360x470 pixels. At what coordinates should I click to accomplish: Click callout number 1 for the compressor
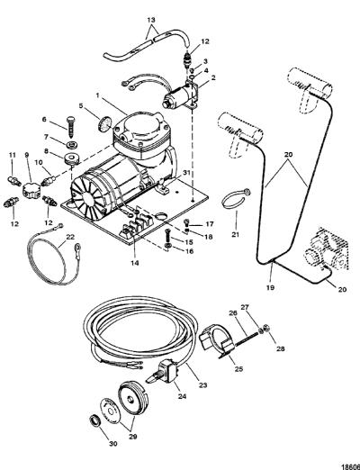point(97,95)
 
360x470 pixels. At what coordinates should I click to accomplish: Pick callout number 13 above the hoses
point(151,20)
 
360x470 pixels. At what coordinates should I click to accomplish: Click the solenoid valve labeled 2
point(179,96)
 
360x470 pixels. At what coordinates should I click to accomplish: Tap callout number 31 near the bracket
point(186,173)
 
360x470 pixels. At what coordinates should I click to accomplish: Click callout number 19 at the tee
point(270,287)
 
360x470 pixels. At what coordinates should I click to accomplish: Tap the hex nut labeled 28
point(265,328)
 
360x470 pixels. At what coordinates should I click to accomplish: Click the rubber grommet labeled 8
point(72,158)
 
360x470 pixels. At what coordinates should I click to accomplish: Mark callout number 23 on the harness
point(203,384)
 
